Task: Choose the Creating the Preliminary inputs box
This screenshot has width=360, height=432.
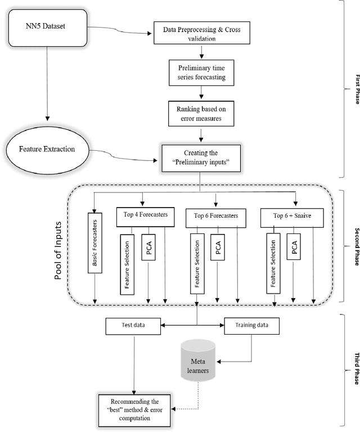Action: click(x=201, y=157)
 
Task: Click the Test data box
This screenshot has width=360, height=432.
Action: click(x=134, y=325)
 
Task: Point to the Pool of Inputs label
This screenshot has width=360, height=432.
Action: click(x=61, y=247)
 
